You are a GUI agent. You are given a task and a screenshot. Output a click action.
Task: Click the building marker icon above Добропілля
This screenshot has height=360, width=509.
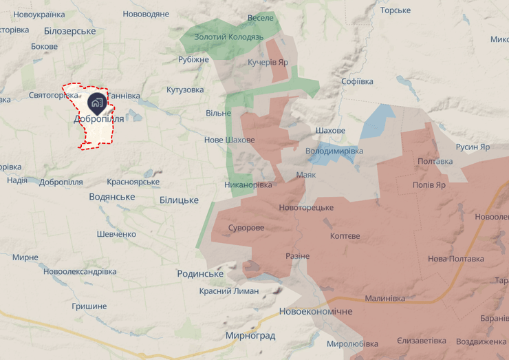click(x=96, y=103)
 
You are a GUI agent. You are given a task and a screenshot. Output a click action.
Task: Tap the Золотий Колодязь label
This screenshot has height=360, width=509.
click(x=228, y=36)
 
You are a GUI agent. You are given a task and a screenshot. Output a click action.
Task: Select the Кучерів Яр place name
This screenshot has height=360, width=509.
click(x=268, y=62)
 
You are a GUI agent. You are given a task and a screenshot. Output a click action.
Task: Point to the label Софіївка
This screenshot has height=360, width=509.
click(x=357, y=81)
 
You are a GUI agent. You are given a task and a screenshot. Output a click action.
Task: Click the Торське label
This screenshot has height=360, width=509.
click(x=396, y=10)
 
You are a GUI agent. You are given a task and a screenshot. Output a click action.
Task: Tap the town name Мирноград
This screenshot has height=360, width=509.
click(x=250, y=336)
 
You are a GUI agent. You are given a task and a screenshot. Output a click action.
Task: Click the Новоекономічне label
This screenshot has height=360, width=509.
click(x=316, y=312)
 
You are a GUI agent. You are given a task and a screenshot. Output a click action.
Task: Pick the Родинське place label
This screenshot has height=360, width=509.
click(x=200, y=273)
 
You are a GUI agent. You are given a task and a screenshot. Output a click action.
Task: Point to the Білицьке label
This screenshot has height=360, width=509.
click(x=179, y=200)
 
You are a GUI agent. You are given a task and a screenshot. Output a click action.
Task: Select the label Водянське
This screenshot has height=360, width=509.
click(x=112, y=197)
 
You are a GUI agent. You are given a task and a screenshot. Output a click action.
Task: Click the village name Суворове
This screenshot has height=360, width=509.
click(x=246, y=228)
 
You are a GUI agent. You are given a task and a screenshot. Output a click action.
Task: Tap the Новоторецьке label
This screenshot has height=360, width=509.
click(x=306, y=207)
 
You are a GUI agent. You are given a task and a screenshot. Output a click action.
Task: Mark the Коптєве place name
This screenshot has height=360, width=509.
click(x=345, y=236)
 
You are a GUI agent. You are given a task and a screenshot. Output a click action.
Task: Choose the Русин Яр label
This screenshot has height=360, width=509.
click(x=473, y=147)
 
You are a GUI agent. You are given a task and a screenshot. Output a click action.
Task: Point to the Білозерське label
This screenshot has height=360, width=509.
click(x=69, y=31)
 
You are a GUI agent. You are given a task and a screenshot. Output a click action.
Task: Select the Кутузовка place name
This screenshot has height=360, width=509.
click(x=185, y=90)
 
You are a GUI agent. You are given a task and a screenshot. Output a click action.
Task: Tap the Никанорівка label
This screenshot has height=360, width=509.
click(x=248, y=184)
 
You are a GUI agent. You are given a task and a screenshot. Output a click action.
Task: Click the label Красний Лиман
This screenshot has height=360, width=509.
click(x=229, y=290)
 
